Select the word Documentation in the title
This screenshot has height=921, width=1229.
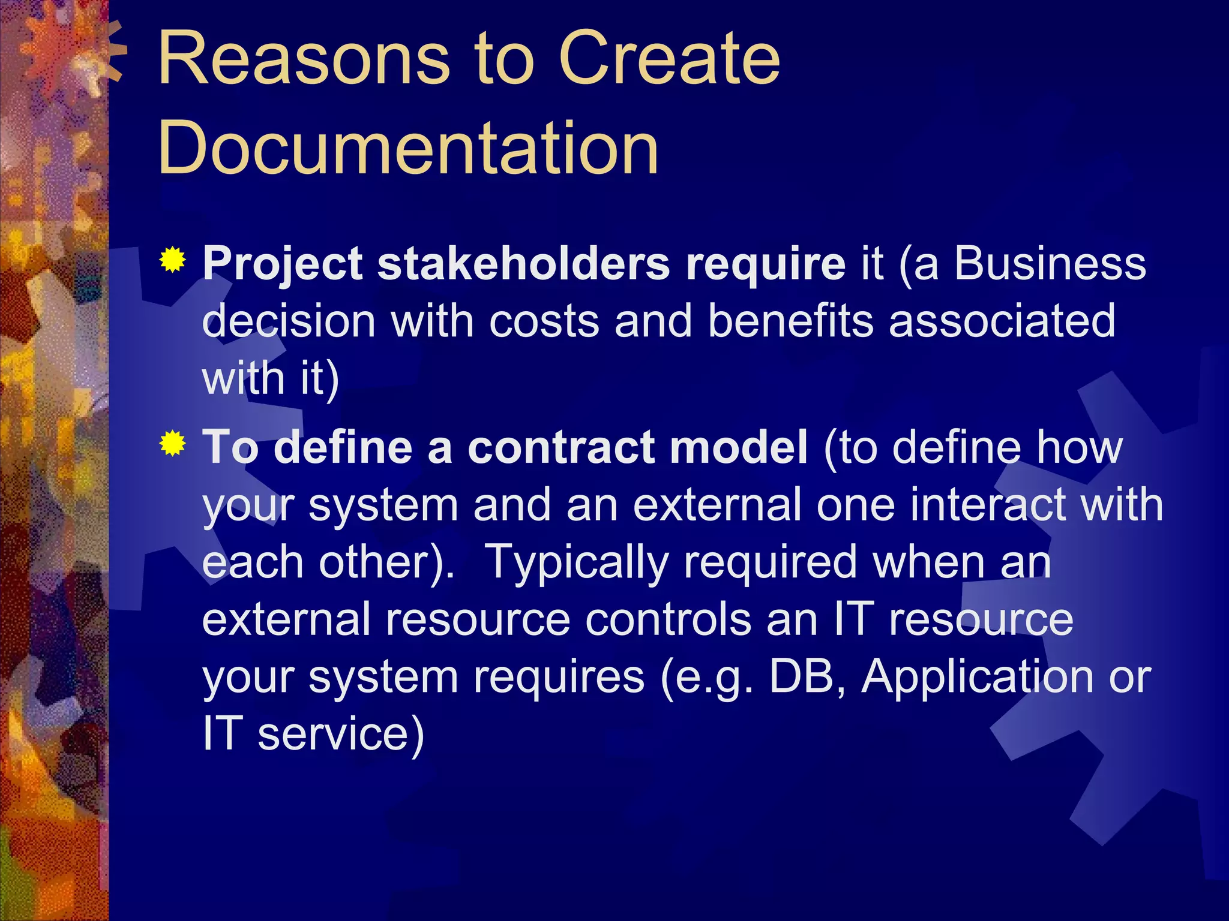click(408, 148)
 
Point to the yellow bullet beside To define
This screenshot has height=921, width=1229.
click(173, 444)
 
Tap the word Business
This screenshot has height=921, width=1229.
click(1050, 264)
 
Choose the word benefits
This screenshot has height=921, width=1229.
click(790, 321)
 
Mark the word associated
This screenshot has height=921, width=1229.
click(1002, 321)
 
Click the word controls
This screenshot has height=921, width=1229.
click(668, 619)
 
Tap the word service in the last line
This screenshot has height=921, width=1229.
click(340, 734)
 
